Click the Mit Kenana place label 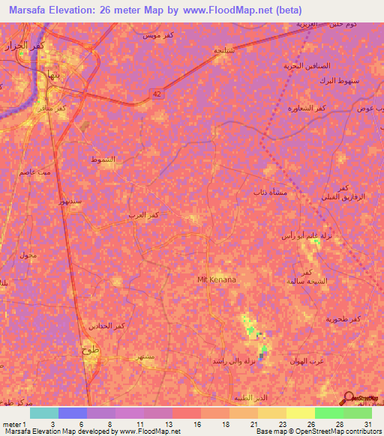[x=216, y=279]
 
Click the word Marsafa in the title [x=30, y=10]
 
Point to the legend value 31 [x=367, y=425]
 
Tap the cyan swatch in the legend [x=44, y=413]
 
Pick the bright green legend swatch [x=328, y=413]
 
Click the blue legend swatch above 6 [x=73, y=413]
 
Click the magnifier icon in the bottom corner [x=348, y=398]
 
